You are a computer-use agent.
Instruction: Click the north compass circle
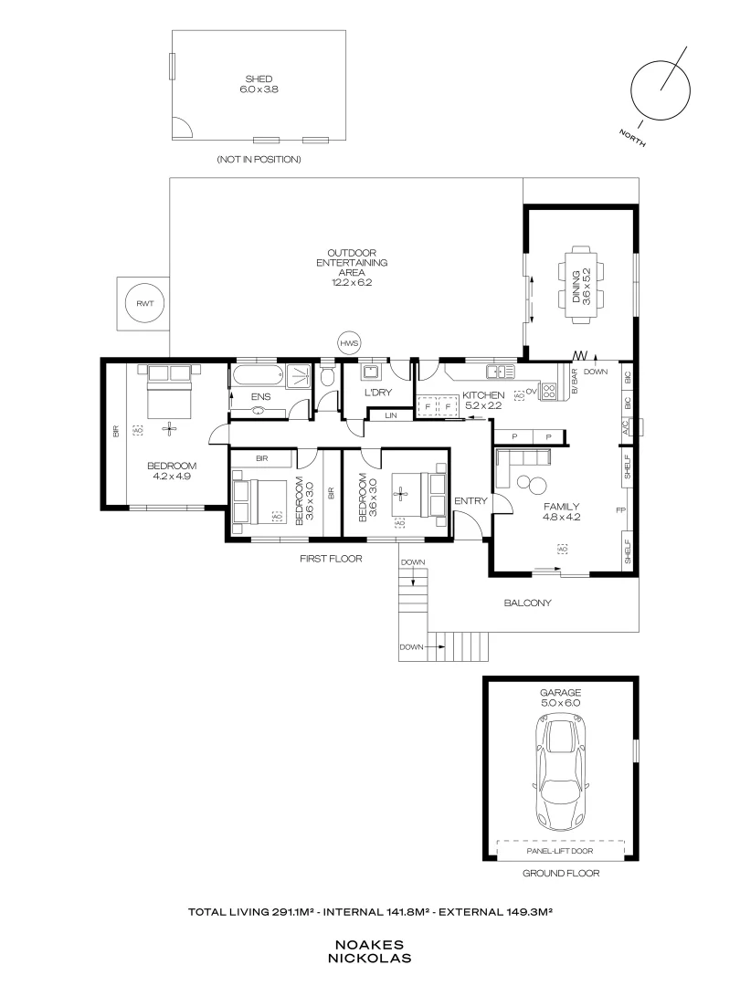[x=661, y=89]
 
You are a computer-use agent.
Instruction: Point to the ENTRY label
[x=471, y=500]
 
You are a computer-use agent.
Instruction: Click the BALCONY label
[x=528, y=603]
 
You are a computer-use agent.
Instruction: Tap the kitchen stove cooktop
[x=549, y=392]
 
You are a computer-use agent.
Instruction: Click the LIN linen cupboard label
[x=391, y=416]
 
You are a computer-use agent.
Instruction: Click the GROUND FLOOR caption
[x=560, y=873]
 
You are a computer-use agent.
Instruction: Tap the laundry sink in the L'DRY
[x=370, y=372]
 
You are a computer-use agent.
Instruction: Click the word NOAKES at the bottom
[x=369, y=945]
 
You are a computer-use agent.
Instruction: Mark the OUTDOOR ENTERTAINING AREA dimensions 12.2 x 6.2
[x=352, y=283]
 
